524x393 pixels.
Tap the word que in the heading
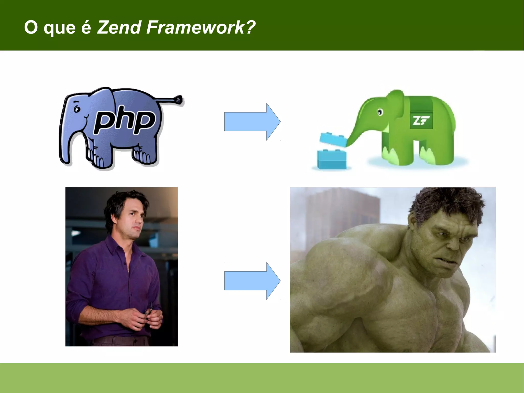pos(59,28)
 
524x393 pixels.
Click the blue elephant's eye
pos(76,109)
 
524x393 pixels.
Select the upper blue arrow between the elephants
pos(252,122)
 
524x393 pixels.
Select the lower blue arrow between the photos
pos(252,281)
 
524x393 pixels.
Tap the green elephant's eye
pos(380,112)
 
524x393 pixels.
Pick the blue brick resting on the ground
pos(332,159)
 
